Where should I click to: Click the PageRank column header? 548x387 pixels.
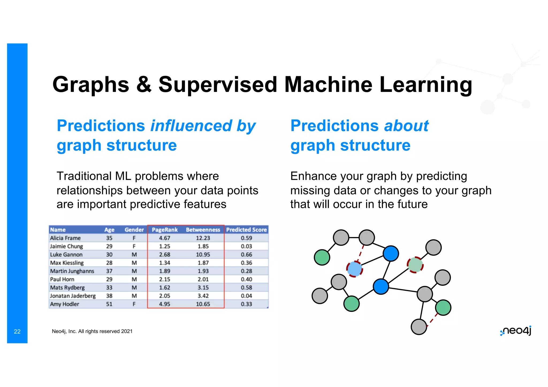pyautogui.click(x=165, y=230)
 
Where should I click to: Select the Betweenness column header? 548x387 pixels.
pyautogui.click(x=203, y=230)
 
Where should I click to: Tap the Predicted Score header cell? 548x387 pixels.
pyautogui.click(x=246, y=230)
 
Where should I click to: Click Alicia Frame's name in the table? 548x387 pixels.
pyautogui.click(x=65, y=238)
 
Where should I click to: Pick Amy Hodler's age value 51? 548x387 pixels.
pyautogui.click(x=109, y=304)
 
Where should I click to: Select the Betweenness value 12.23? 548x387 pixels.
pyautogui.click(x=203, y=238)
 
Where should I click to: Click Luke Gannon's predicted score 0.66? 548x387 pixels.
pyautogui.click(x=246, y=254)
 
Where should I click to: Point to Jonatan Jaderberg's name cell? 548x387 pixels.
pyautogui.click(x=73, y=296)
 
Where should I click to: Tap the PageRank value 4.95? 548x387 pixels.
pyautogui.click(x=164, y=304)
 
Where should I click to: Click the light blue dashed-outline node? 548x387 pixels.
pyautogui.click(x=355, y=269)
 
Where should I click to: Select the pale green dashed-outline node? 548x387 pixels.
pyautogui.click(x=415, y=265)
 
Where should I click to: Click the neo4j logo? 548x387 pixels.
pyautogui.click(x=516, y=331)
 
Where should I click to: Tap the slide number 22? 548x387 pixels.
pyautogui.click(x=17, y=331)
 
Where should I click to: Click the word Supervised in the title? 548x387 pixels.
pyautogui.click(x=218, y=84)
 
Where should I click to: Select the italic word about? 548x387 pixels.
pyautogui.click(x=406, y=126)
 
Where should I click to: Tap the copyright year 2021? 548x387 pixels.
pyautogui.click(x=127, y=331)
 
